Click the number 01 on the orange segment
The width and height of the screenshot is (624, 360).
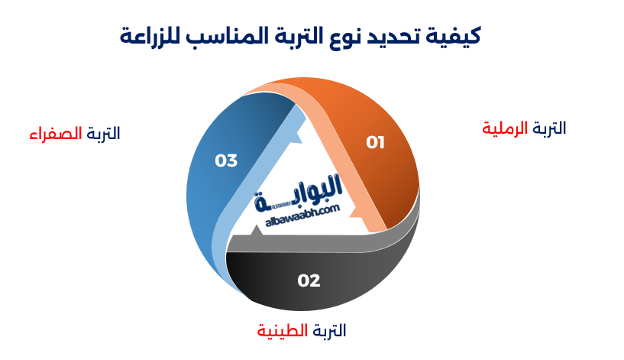pyautogui.click(x=375, y=142)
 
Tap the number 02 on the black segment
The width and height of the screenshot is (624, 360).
pyautogui.click(x=309, y=281)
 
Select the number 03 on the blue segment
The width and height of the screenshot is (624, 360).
pyautogui.click(x=226, y=161)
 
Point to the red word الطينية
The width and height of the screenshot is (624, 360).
pyautogui.click(x=283, y=331)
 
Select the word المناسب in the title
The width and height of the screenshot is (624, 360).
pyautogui.click(x=228, y=35)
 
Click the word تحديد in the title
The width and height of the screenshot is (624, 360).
pyautogui.click(x=400, y=35)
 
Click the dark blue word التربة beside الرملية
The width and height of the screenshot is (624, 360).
pyautogui.click(x=549, y=128)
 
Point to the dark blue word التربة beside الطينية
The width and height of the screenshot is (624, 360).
pyautogui.click(x=328, y=331)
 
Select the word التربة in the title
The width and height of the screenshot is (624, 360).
pyautogui.click(x=299, y=35)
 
